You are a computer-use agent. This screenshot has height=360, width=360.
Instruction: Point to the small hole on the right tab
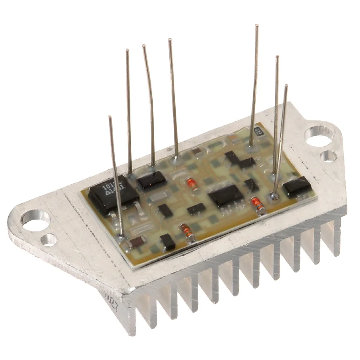click(328, 156)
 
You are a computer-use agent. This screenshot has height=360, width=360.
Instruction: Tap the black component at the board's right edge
click(296, 187)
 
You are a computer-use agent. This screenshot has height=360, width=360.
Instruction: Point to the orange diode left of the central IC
click(191, 184)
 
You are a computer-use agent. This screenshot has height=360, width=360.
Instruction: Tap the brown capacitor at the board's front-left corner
click(137, 242)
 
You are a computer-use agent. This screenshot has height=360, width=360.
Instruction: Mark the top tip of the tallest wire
click(257, 26)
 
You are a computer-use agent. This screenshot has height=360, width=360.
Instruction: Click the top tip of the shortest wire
click(110, 117)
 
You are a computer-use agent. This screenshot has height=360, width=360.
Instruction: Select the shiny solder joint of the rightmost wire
click(274, 196)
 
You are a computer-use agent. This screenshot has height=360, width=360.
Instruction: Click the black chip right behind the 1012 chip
click(151, 180)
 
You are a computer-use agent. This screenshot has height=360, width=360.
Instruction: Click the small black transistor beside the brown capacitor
click(168, 241)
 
